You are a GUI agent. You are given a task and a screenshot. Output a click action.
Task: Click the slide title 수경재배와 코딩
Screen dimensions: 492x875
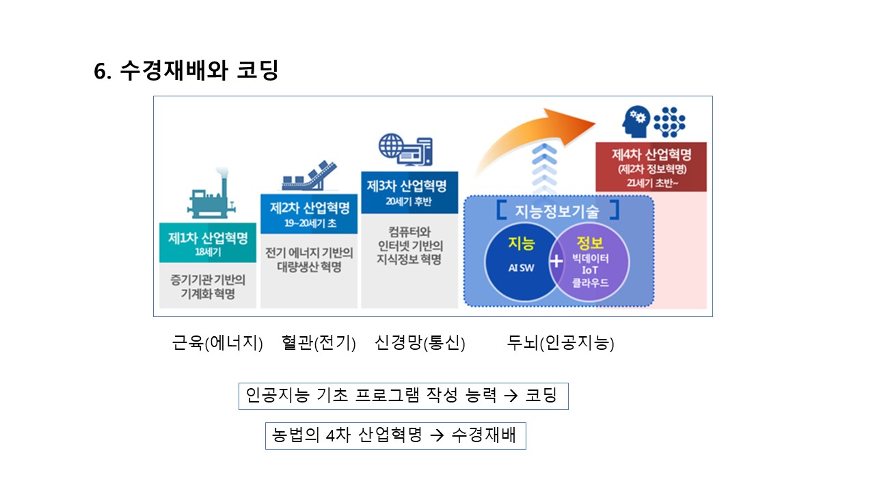click(x=186, y=71)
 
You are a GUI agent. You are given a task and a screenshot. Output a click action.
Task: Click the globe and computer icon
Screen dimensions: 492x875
click(x=405, y=148)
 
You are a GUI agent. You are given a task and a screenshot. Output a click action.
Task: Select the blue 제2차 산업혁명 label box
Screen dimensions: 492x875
click(x=310, y=213)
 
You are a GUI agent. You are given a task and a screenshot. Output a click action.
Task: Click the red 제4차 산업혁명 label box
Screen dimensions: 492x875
click(x=651, y=167)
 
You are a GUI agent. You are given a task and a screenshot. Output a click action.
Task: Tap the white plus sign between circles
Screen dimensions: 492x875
click(x=556, y=261)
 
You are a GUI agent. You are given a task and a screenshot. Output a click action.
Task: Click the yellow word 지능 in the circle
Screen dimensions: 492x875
click(x=521, y=243)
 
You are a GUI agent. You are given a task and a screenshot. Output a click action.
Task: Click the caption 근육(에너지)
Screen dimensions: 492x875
click(x=217, y=343)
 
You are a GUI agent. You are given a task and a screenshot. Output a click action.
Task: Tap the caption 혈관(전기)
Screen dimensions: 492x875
click(x=319, y=343)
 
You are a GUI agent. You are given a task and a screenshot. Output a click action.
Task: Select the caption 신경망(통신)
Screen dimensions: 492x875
click(x=420, y=343)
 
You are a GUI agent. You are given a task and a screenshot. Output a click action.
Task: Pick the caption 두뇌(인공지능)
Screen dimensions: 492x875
click(x=560, y=343)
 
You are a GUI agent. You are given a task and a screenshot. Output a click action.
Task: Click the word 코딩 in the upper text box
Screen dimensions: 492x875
click(x=541, y=396)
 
